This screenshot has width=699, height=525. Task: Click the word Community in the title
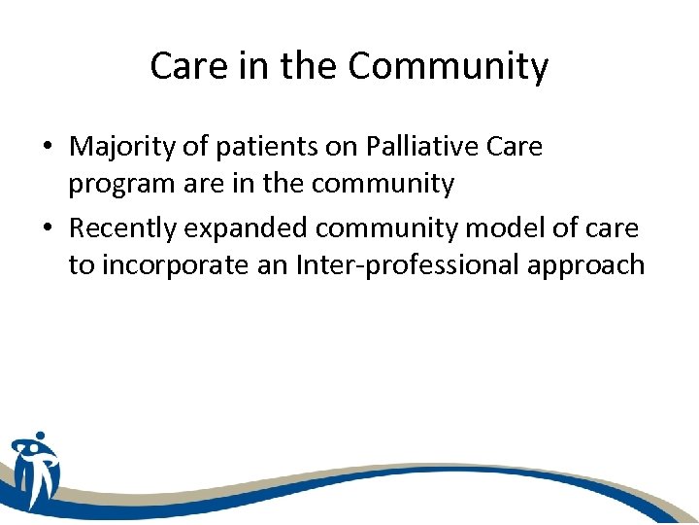448,67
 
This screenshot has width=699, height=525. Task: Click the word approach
585,265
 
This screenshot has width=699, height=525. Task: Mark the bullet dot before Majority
48,149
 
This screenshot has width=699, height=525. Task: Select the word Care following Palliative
515,147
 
